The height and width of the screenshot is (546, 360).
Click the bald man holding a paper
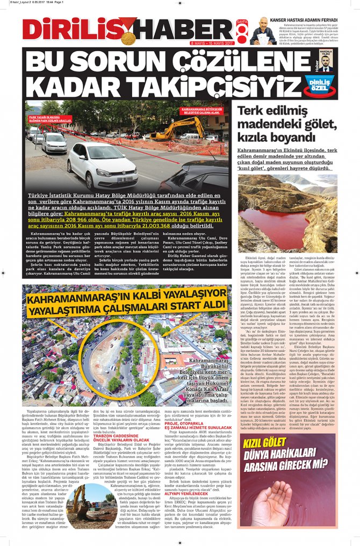click(x=263, y=32)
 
